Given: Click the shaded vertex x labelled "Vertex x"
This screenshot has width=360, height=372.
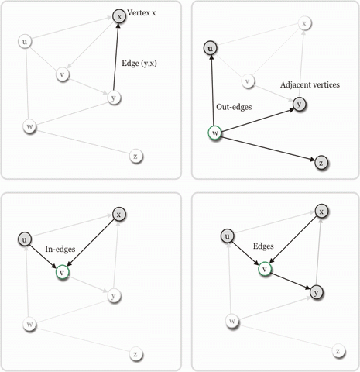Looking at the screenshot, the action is (x=119, y=16).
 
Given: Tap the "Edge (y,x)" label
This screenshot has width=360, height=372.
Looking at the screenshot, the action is (x=139, y=64).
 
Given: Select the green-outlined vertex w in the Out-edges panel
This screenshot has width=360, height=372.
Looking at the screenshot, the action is (x=214, y=133).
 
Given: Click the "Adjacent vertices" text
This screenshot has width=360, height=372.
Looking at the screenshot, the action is (x=310, y=84).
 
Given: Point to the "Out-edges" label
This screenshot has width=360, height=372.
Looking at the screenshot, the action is (x=234, y=107).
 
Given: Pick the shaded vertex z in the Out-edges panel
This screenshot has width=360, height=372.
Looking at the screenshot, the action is (x=321, y=163).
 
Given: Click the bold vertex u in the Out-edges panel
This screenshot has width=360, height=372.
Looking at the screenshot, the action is (x=211, y=48).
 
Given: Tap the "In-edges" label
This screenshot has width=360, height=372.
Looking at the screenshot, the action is (x=60, y=249).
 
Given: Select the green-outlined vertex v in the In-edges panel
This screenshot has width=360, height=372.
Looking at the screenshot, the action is (x=62, y=272).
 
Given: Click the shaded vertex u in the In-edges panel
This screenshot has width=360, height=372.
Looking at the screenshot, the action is (x=25, y=239).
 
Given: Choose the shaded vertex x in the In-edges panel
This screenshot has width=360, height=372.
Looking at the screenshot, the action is (x=118, y=215).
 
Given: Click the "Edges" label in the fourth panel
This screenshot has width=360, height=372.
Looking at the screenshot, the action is (x=263, y=246).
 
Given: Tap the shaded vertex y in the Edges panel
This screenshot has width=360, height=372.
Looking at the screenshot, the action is (x=316, y=292).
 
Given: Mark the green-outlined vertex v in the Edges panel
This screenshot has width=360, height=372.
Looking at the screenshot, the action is (x=265, y=269).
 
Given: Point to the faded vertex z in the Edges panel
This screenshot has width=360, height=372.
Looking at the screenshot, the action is (x=338, y=351).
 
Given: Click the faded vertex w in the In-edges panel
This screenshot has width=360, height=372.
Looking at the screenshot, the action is (x=29, y=324).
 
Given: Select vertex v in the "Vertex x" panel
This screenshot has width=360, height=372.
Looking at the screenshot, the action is (x=62, y=74).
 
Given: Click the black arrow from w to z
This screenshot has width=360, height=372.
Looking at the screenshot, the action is (x=268, y=148).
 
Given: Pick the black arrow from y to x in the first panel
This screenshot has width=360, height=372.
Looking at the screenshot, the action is (x=116, y=57).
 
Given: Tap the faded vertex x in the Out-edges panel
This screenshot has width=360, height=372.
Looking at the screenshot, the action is (x=304, y=23).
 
